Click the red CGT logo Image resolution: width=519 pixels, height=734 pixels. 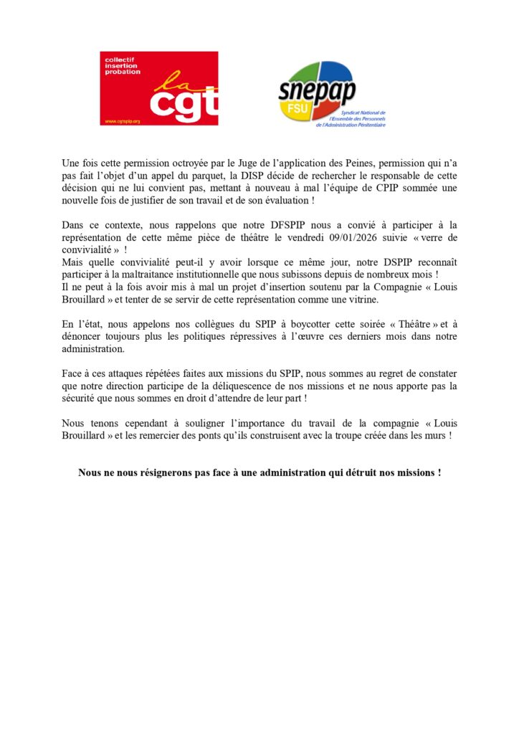[158, 88]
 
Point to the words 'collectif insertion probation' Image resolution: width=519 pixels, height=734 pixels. [123, 65]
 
